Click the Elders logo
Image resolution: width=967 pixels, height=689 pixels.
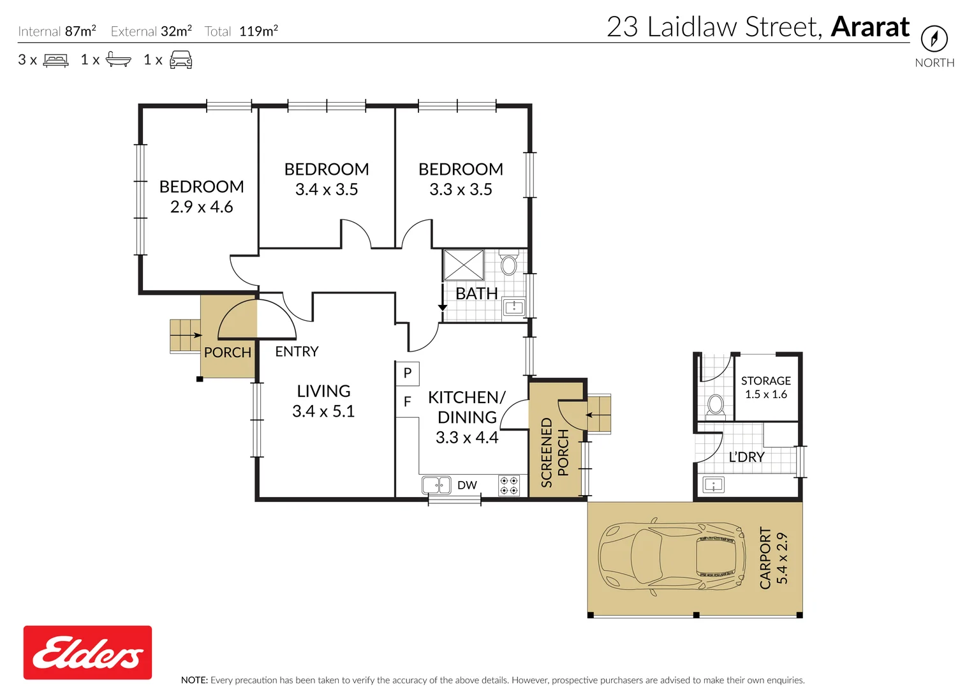(87, 652)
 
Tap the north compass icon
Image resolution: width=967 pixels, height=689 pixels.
(934, 38)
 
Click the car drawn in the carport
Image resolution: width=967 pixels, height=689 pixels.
(672, 556)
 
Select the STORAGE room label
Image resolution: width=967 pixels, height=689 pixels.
(766, 381)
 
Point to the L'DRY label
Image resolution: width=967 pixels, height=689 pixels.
(746, 457)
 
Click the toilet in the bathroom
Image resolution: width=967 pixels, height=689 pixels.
(509, 262)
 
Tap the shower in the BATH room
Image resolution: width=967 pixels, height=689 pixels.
(463, 265)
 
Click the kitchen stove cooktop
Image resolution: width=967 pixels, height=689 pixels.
(509, 485)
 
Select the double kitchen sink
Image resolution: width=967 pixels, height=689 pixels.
(436, 485)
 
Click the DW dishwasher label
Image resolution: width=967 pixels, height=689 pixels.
(467, 485)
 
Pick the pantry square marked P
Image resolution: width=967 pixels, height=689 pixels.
(407, 373)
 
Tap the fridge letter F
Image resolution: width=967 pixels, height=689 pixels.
(407, 402)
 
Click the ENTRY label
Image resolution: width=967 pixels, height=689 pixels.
(297, 352)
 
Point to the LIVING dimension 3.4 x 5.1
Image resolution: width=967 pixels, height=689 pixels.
(323, 411)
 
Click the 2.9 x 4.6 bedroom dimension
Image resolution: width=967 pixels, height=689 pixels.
(202, 207)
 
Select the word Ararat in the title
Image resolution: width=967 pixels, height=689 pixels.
(870, 26)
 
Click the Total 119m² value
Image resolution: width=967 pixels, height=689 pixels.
(258, 31)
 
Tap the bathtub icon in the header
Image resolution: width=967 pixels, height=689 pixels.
(118, 59)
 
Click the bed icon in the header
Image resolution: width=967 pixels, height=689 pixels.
(55, 61)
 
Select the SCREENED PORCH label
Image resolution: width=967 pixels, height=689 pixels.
(555, 452)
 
